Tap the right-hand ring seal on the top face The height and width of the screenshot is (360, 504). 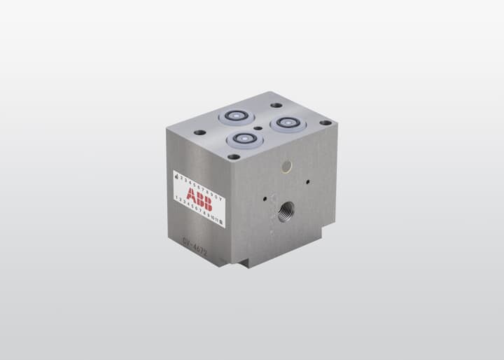click(x=287, y=124)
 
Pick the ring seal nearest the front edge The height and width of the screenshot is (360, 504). click(x=244, y=139)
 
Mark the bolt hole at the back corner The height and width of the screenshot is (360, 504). click(x=272, y=105)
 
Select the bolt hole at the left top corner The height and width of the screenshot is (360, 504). click(x=199, y=132)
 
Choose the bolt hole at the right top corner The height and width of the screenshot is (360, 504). click(x=325, y=123)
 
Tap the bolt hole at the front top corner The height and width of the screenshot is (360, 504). click(x=232, y=157)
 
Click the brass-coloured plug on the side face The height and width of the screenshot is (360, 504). click(x=286, y=165)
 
